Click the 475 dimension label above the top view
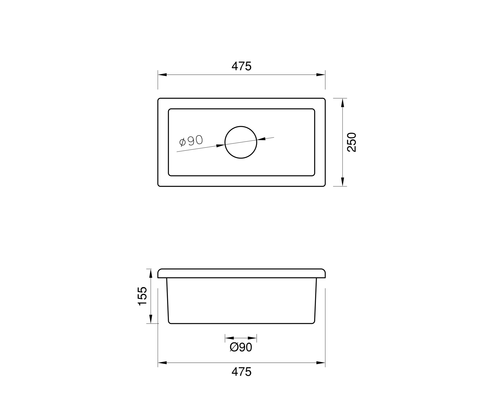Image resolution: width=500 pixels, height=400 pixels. (241, 66)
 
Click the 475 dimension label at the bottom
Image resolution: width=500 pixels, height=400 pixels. (241, 372)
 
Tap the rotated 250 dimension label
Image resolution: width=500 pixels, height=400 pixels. (352, 142)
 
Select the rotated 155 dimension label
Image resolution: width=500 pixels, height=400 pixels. (142, 296)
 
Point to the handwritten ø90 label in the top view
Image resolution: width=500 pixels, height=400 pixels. (191, 141)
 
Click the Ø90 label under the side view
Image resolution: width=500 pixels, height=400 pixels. (241, 347)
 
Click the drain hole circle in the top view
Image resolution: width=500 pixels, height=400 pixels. (241, 126)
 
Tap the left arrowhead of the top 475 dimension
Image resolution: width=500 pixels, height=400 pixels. (162, 75)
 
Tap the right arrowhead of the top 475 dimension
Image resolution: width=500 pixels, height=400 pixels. (321, 75)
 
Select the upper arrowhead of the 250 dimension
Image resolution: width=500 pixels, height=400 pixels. (342, 103)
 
